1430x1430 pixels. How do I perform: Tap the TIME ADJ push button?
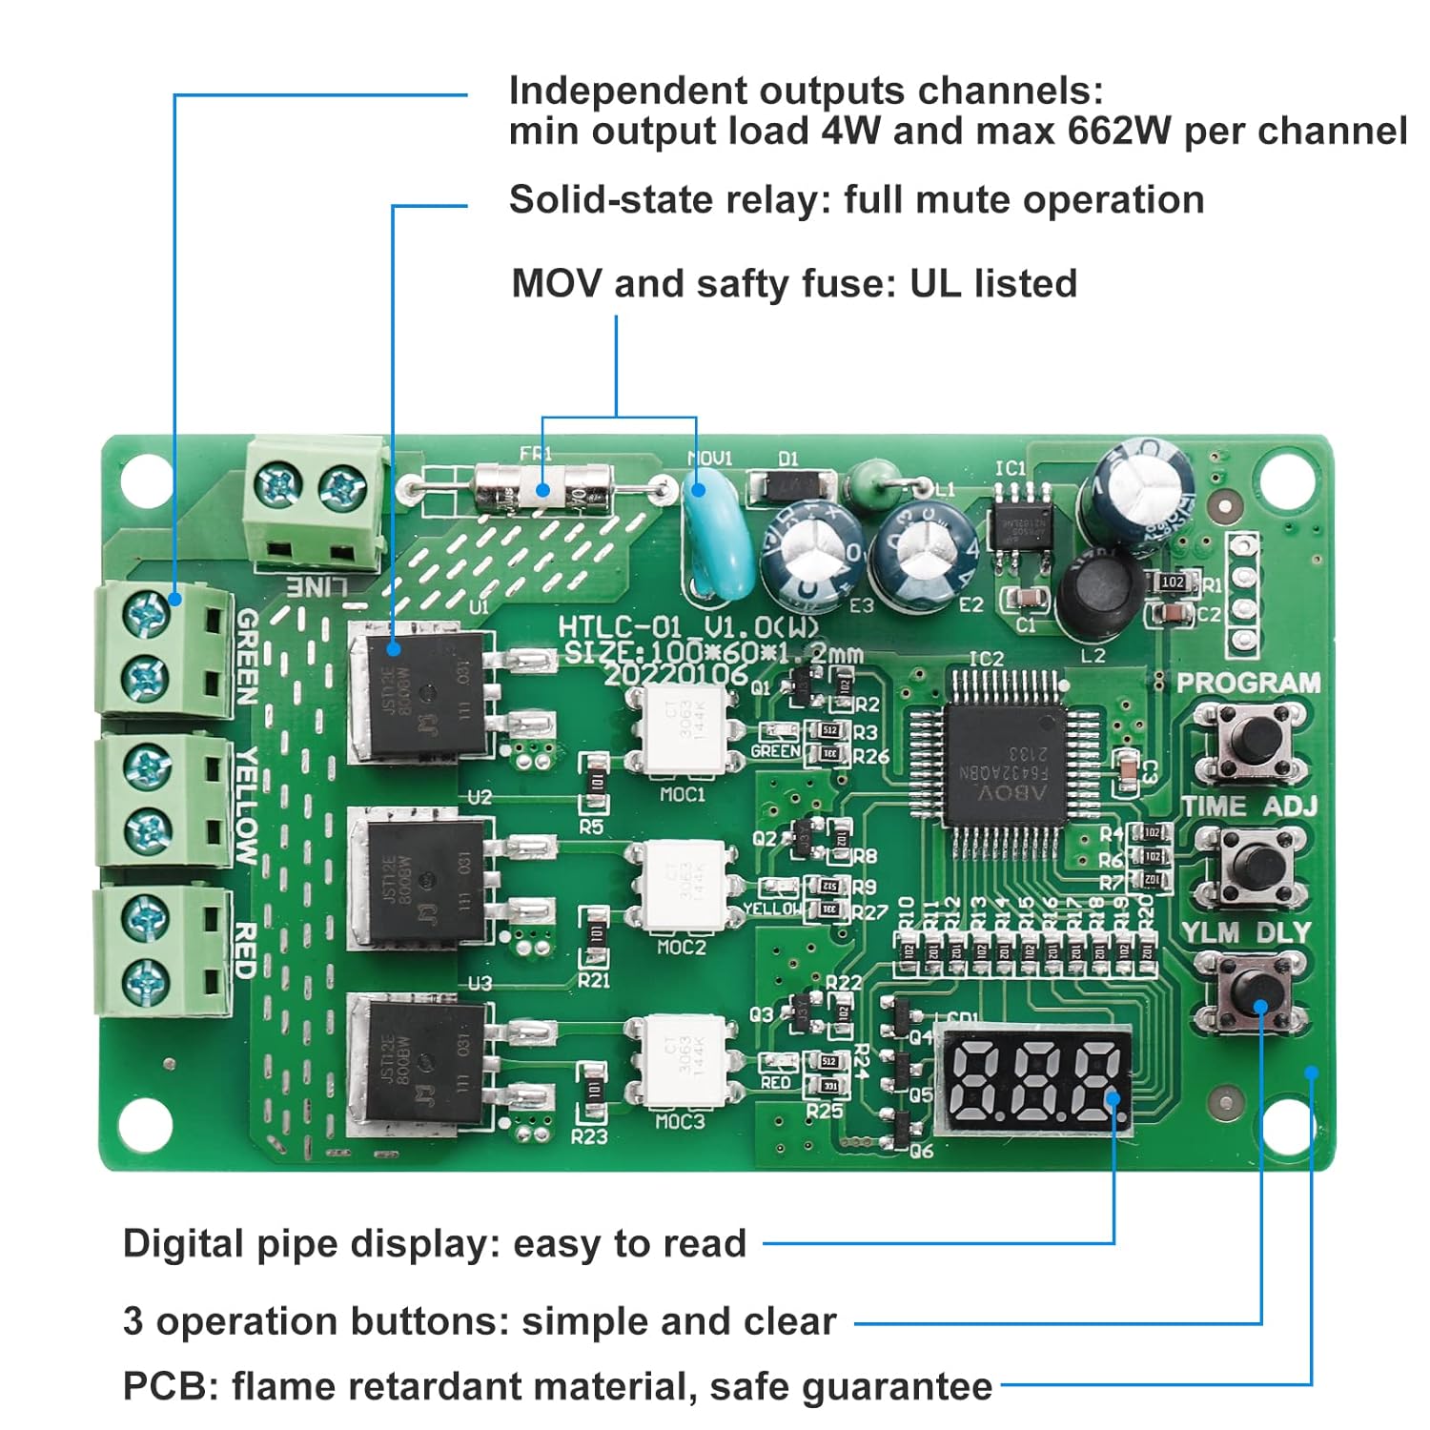click(x=1247, y=863)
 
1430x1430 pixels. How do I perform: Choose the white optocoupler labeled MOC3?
click(x=683, y=1061)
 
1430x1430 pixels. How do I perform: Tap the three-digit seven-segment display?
click(x=1033, y=1081)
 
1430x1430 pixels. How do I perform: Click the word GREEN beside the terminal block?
click(x=247, y=657)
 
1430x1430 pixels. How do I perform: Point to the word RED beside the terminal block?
click(x=245, y=950)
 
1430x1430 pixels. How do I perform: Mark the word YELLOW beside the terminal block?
click(x=247, y=806)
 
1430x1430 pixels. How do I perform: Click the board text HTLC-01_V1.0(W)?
click(x=687, y=626)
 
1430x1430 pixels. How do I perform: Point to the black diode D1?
click(x=789, y=487)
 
